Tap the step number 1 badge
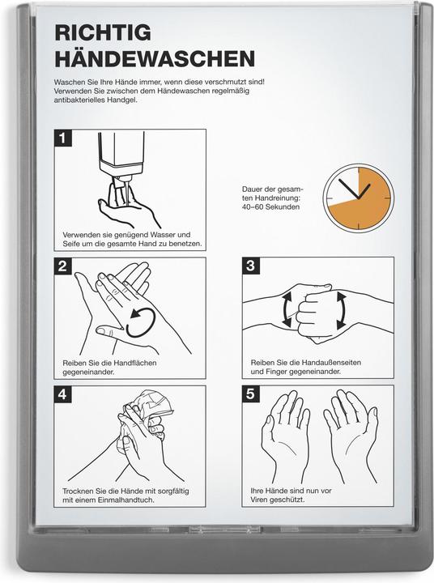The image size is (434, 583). (x=62, y=138)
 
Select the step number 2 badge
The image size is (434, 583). (x=62, y=266)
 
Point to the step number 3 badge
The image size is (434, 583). (x=250, y=266)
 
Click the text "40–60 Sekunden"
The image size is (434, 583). (x=270, y=207)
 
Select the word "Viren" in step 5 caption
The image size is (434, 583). (x=264, y=500)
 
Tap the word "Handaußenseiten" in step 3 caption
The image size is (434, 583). (x=329, y=363)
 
